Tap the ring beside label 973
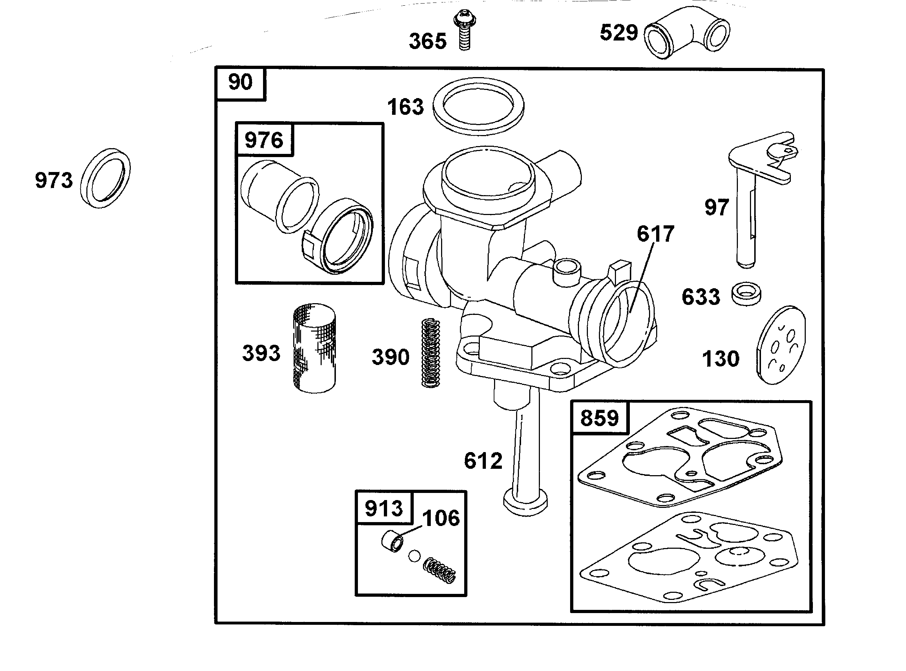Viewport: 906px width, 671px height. click(x=106, y=179)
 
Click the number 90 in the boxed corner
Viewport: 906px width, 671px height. click(x=240, y=82)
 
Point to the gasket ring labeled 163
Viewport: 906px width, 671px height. click(x=478, y=106)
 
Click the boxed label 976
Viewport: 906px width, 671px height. click(x=264, y=140)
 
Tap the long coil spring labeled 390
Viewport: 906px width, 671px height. click(x=430, y=353)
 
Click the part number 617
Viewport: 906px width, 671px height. click(x=655, y=234)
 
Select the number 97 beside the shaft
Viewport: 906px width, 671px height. click(x=717, y=208)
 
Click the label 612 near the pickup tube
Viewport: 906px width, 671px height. click(x=483, y=461)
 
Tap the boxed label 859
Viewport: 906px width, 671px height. click(x=599, y=418)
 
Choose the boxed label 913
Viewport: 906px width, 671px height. click(x=384, y=508)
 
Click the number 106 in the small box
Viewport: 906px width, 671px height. click(x=441, y=518)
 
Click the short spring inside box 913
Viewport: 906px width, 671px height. click(x=439, y=571)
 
